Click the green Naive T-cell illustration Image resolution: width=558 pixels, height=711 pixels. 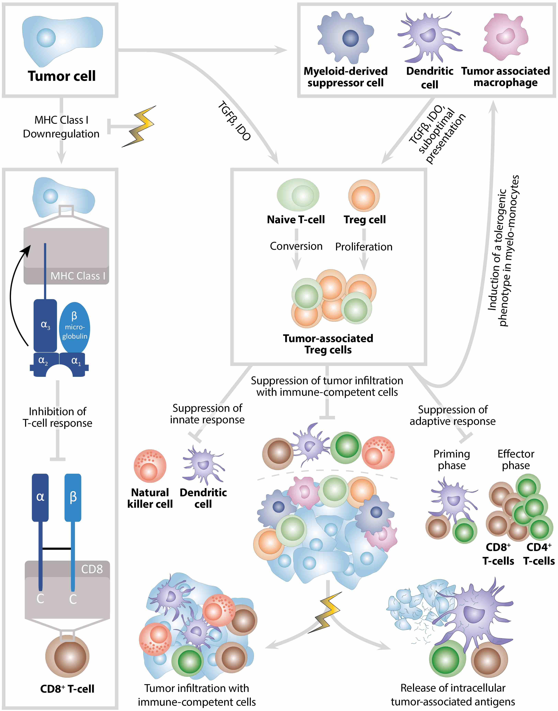click(298, 195)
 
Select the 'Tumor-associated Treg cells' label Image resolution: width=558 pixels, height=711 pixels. click(328, 344)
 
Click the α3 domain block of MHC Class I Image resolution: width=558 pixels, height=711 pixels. click(45, 325)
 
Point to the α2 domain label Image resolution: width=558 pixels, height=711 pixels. click(43, 361)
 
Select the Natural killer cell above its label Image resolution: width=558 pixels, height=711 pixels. click(150, 466)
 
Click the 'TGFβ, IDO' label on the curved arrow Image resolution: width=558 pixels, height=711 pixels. click(234, 121)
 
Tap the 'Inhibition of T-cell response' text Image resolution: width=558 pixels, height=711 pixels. click(58, 417)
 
